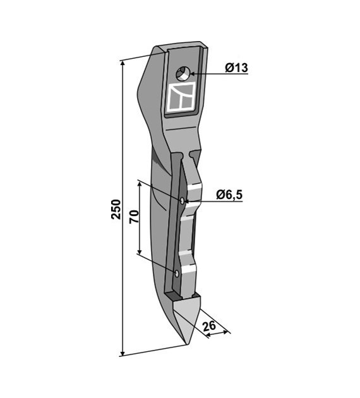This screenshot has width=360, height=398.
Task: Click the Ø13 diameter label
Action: point(236,68)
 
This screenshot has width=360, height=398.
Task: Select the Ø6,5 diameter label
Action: point(229,195)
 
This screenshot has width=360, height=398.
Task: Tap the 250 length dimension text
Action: point(116,209)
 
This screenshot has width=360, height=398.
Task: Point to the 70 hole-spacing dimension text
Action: point(134,217)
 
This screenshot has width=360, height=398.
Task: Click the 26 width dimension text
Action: point(210,325)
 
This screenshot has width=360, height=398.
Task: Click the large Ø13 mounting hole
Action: point(183,74)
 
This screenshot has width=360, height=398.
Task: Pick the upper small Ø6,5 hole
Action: point(183,201)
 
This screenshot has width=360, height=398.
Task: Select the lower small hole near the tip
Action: point(177,274)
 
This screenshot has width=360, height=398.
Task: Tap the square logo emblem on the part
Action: point(181,97)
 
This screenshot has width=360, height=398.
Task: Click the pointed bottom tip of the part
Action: point(187,344)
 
